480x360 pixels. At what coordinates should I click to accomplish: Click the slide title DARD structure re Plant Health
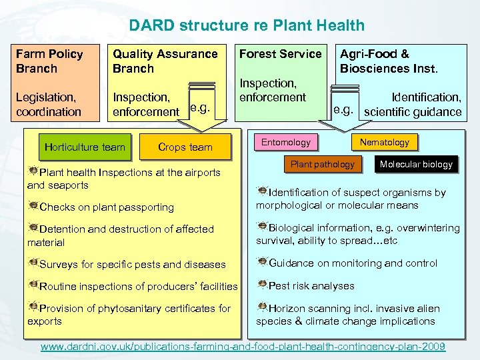[x=247, y=26]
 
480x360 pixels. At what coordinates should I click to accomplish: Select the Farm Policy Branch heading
[x=49, y=61]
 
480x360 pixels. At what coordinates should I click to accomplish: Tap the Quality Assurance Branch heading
[x=165, y=61]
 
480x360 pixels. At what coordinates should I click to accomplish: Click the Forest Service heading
[x=280, y=53]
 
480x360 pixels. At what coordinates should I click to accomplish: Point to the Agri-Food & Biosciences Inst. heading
[x=389, y=61]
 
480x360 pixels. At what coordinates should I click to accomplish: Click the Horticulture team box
[x=85, y=147]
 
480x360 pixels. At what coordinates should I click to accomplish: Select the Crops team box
[x=185, y=147]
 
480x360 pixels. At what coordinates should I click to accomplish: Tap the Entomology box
[x=285, y=142]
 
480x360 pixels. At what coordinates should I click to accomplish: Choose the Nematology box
[x=384, y=142]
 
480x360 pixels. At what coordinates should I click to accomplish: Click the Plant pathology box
[x=322, y=164]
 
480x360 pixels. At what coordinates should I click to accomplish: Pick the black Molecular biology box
[x=416, y=164]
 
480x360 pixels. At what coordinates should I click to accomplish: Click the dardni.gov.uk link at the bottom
[x=243, y=347]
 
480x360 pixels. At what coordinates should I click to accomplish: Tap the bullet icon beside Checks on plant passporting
[x=33, y=206]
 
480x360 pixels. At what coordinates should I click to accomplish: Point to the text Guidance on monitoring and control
[x=353, y=263]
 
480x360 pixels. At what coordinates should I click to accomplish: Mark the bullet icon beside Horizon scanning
[x=262, y=307]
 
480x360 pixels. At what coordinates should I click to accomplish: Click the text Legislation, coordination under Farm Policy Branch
[x=48, y=105]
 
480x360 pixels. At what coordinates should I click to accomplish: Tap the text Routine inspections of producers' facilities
[x=139, y=287]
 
